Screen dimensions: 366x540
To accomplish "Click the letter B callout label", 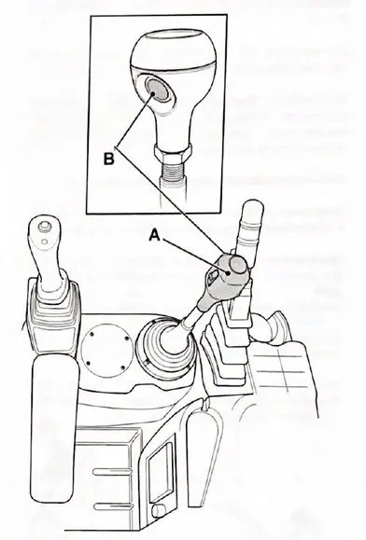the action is coord(108,159).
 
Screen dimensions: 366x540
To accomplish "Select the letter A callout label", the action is coord(155,236).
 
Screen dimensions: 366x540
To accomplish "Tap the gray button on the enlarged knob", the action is coord(157,89).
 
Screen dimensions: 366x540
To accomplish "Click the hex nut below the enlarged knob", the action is coord(173,153).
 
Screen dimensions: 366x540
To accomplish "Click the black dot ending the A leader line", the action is coord(228,272).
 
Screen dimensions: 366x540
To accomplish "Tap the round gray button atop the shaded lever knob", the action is coord(238,265).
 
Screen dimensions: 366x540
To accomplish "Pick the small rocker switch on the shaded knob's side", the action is coord(212,275).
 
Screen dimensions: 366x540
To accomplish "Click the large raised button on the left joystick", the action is coord(44,226).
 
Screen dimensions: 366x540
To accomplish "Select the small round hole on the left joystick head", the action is coord(44,241).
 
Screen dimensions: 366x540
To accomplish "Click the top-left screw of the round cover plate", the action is coord(91,334).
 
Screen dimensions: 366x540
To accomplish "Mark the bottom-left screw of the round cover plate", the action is coord(88,363).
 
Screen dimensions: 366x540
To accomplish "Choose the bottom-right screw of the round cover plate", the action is coord(123,367).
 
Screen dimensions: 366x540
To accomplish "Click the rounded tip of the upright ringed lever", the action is coord(253,207).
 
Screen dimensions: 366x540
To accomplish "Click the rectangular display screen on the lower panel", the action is coord(160,472).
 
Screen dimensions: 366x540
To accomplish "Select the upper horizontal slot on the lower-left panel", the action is coord(113,472).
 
